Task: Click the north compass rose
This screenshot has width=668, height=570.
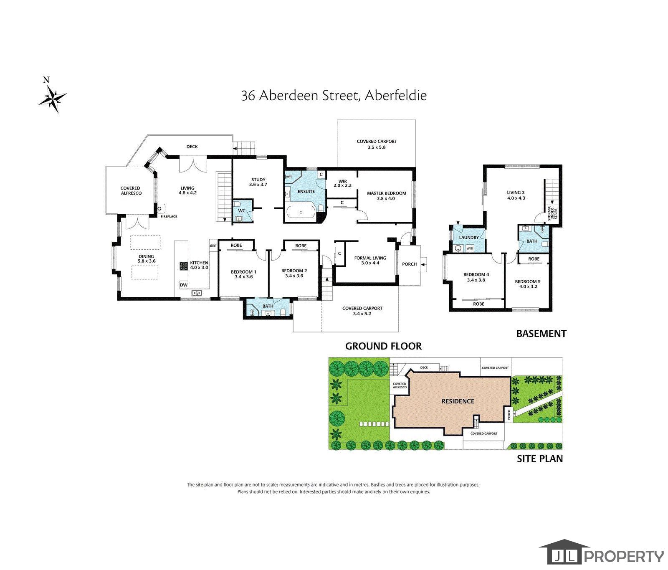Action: pos(53,99)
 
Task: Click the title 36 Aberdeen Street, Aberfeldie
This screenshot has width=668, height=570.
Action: pos(334,96)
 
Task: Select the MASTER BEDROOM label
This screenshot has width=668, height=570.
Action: pos(386,193)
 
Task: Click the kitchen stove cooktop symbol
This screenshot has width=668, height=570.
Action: pos(184,266)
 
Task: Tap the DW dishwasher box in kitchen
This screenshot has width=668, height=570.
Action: pos(184,285)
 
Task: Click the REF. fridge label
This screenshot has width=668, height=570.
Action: pos(213,246)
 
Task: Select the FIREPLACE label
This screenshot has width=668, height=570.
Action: pos(170,217)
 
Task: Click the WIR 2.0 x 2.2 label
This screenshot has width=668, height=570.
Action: pos(343,183)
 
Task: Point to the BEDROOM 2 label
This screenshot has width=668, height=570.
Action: pos(294,271)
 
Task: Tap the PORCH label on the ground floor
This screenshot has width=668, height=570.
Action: pos(410,264)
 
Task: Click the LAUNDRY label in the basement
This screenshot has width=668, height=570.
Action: pos(469,238)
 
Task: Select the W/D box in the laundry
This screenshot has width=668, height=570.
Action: pos(470,248)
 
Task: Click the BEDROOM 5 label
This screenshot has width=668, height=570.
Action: pos(528,281)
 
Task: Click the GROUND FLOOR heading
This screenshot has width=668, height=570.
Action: pos(383,346)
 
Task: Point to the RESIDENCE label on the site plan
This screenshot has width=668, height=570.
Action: pos(458,401)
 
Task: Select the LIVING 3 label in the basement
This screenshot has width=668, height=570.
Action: pos(516,193)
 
